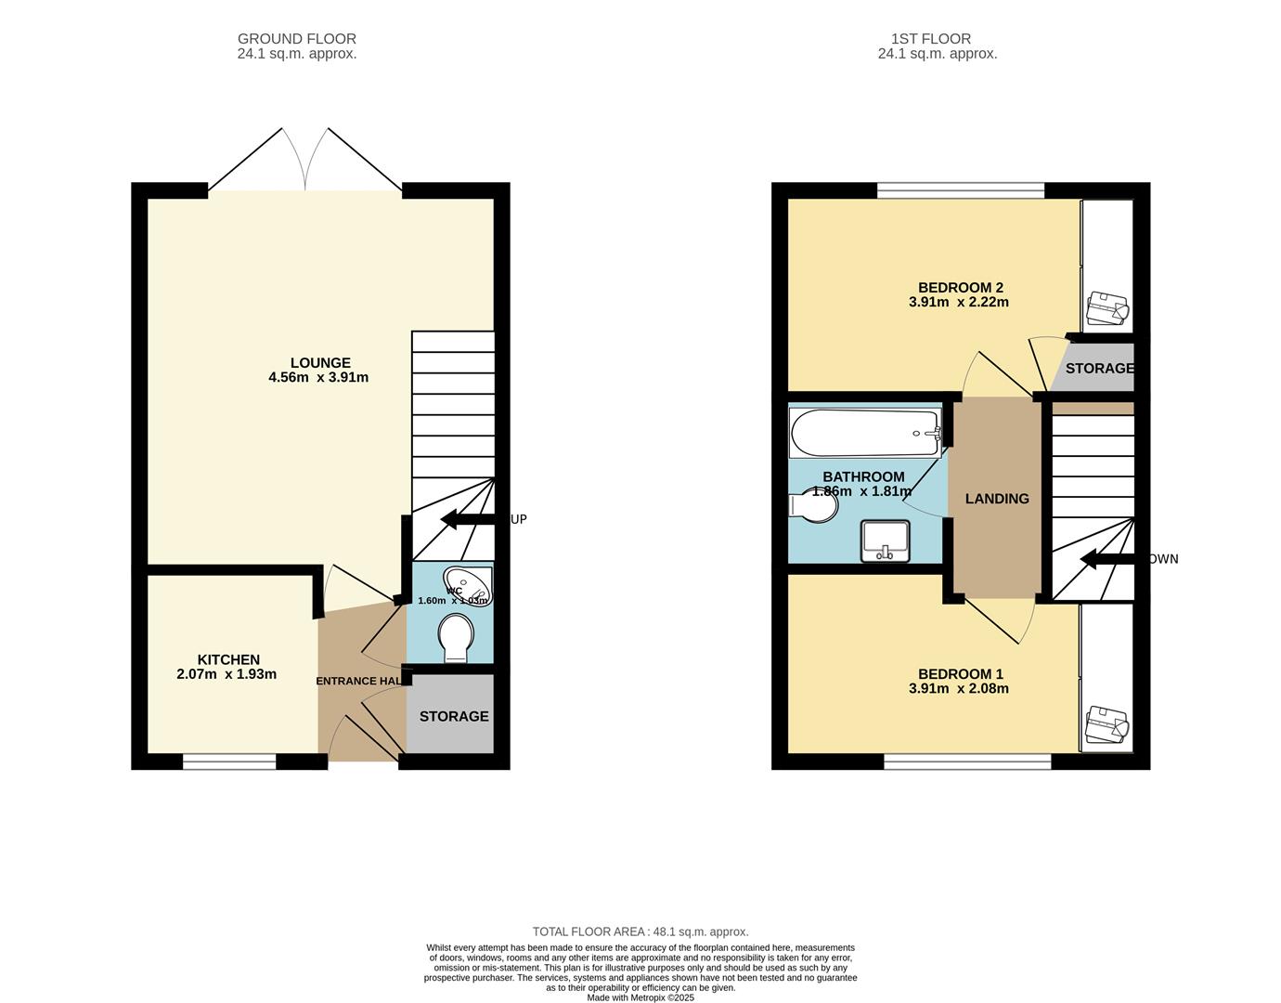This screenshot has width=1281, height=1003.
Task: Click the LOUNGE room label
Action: point(320,363)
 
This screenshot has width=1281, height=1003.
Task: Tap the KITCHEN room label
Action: point(228,659)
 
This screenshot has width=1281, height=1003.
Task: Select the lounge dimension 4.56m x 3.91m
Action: point(318,378)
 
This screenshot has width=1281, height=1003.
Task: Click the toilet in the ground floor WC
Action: point(456,637)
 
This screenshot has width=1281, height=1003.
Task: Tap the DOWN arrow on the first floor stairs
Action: point(1114,559)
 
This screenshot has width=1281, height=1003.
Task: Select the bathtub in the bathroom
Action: point(865,434)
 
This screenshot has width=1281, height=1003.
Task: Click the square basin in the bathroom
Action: point(885,541)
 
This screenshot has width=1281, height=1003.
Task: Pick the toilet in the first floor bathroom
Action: point(814,506)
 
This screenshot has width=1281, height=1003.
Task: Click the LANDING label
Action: point(997,499)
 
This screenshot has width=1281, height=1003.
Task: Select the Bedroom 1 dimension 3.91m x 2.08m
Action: point(959,689)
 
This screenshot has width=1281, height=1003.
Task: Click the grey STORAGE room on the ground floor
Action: point(453,716)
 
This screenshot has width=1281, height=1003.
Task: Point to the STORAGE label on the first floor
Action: point(1099,369)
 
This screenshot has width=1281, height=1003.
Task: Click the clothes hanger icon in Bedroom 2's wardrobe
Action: point(1107,308)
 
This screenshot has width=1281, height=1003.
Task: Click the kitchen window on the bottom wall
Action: point(229,762)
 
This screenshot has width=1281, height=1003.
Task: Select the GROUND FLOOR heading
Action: point(297,39)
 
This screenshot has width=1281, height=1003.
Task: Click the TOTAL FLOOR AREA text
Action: point(640,931)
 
